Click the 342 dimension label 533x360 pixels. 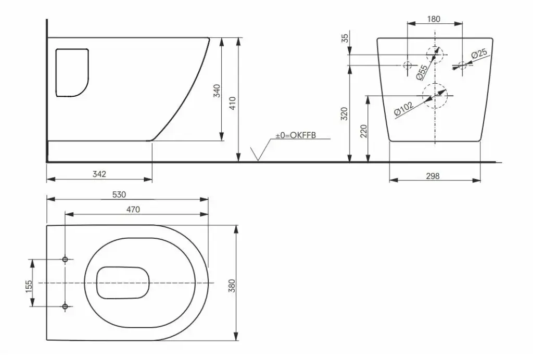click(99, 174)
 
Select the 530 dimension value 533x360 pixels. click(119, 195)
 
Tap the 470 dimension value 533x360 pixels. click(133, 209)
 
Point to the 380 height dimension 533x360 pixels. click(232, 286)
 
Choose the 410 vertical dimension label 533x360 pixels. click(232, 102)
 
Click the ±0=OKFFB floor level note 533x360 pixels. click(296, 135)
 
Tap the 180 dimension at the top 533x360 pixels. click(433, 19)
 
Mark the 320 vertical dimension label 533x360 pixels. click(344, 114)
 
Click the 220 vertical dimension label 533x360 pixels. click(364, 131)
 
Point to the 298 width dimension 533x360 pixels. click(433, 176)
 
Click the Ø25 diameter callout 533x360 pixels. click(479, 54)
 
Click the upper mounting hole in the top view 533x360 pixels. click(65, 259)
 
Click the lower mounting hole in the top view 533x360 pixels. click(65, 306)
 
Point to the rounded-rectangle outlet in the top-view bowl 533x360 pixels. click(123, 283)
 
